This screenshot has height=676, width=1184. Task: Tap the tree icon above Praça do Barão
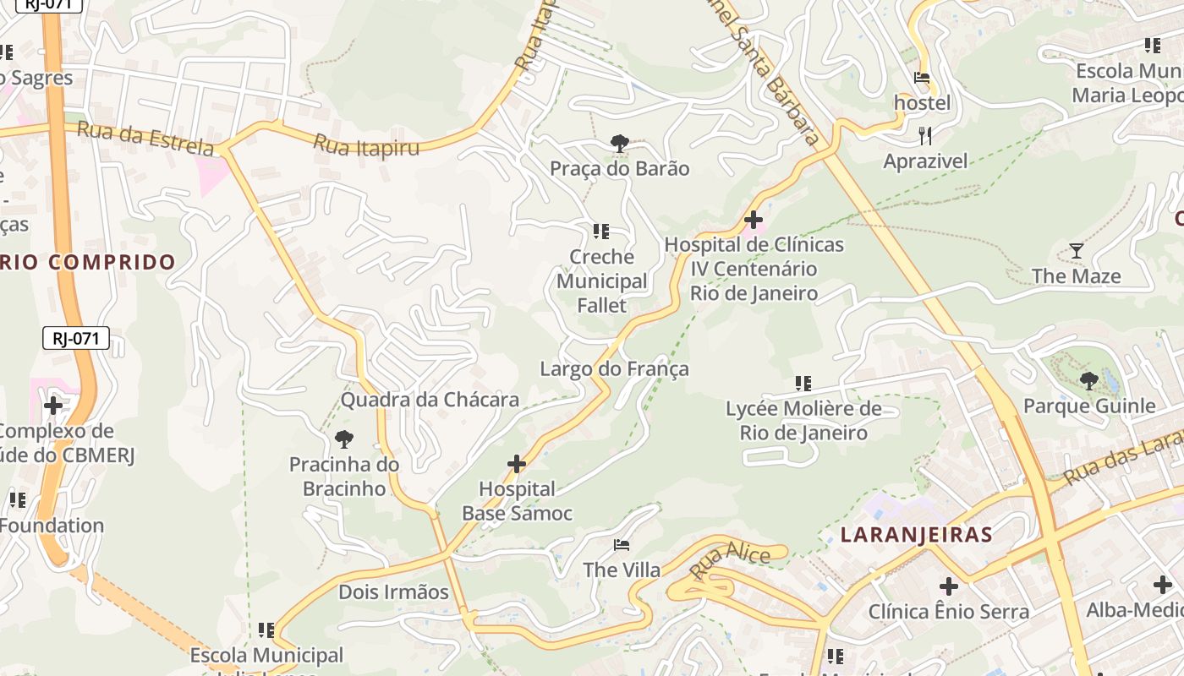point(620,144)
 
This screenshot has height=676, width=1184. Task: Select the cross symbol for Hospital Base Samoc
point(517,464)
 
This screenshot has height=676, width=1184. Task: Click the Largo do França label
point(614,369)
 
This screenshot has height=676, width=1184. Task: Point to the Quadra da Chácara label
point(430,400)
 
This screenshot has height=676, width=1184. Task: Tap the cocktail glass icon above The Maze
point(1077,251)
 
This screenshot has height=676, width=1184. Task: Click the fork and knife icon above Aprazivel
point(925,135)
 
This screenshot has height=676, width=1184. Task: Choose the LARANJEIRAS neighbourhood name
point(917,535)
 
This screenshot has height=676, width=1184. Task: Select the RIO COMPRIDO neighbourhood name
point(87,262)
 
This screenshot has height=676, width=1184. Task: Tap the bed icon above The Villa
point(622,545)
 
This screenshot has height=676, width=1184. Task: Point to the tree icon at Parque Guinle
point(1089,381)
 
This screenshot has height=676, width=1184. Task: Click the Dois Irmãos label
point(393,592)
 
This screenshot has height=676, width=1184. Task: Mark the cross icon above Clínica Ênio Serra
point(949,586)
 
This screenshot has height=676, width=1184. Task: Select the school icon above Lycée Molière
point(803,384)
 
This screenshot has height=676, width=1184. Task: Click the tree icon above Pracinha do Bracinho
point(344,439)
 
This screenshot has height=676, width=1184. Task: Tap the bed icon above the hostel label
point(922,79)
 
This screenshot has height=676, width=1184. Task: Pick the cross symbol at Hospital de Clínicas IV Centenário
point(753,221)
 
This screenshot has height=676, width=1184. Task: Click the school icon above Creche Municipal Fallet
point(601,232)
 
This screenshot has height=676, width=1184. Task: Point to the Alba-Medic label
point(1134,610)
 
